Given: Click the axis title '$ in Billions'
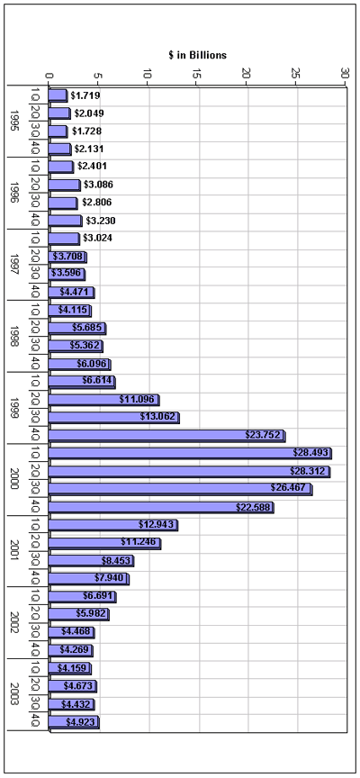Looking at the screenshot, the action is [197, 55].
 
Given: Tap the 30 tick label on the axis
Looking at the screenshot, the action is [345, 74].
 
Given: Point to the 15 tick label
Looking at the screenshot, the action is [196, 74].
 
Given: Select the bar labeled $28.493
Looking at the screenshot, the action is [191, 454].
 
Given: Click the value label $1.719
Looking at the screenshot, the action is [85, 95].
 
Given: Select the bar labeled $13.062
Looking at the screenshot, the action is [114, 418].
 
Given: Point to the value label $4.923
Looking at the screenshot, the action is [80, 722].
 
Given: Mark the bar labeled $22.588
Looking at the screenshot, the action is [161, 507].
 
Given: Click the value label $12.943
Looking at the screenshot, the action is [157, 525].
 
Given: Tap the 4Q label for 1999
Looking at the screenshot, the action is [35, 436].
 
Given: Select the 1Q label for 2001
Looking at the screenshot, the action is [35, 525].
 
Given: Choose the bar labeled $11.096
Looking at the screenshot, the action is [104, 400].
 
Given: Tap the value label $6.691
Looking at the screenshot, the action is [98, 596].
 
